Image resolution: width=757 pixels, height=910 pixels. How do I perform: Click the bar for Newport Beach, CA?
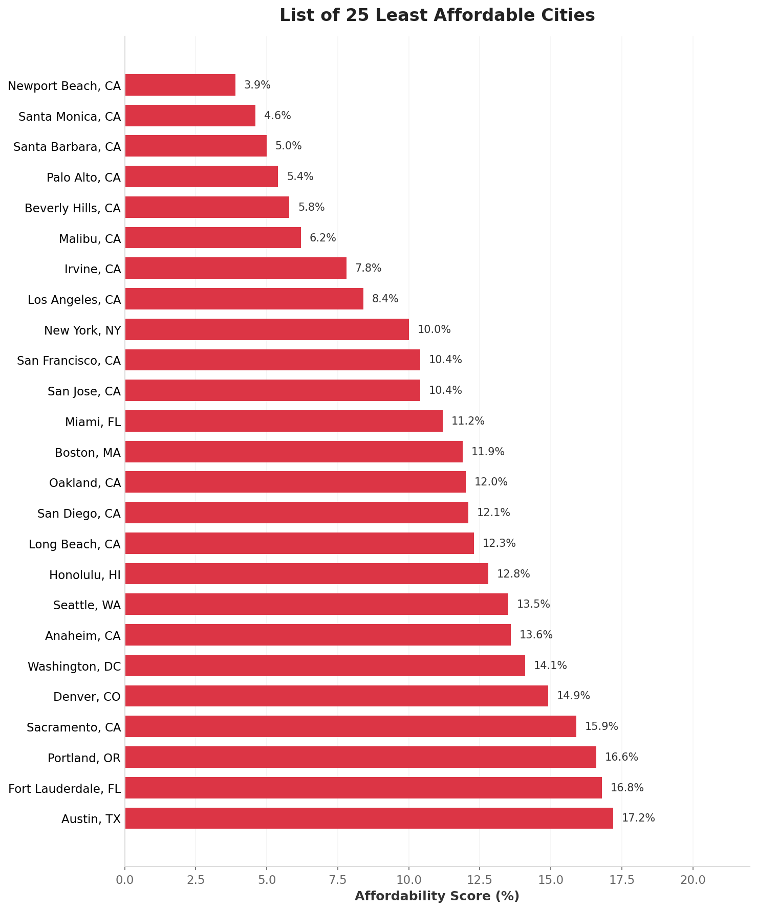pos(180,85)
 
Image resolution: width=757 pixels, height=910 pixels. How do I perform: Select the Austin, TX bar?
pos(369,818)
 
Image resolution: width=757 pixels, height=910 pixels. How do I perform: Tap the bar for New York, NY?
pos(267,329)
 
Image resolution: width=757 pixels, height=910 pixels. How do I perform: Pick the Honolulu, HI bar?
pos(306,573)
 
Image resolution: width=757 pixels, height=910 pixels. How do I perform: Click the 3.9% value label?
pos(257,85)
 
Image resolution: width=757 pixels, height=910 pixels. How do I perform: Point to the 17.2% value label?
pos(638,818)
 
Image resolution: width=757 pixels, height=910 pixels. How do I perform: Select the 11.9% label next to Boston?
pos(487,452)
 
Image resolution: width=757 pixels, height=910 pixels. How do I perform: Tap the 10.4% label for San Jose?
pos(445,390)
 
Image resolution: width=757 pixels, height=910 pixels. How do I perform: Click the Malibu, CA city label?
pos(90,238)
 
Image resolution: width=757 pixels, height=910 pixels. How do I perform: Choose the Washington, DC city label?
pos(74,666)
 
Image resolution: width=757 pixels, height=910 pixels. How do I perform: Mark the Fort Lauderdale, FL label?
pos(64,788)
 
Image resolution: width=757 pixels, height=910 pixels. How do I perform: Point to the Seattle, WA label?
pos(87,605)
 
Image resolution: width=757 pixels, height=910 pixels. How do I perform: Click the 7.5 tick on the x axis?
pos(337,880)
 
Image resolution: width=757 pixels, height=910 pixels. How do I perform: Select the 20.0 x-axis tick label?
pos(693,880)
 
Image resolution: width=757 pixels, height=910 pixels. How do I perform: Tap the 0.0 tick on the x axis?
pos(124,880)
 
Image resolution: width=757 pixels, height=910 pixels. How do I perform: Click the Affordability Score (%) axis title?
pos(437,896)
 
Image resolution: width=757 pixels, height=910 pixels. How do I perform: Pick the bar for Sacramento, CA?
pos(350,726)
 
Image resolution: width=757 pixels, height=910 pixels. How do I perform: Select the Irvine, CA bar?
pos(235,268)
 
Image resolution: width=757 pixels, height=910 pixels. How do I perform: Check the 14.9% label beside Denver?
pos(573,696)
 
